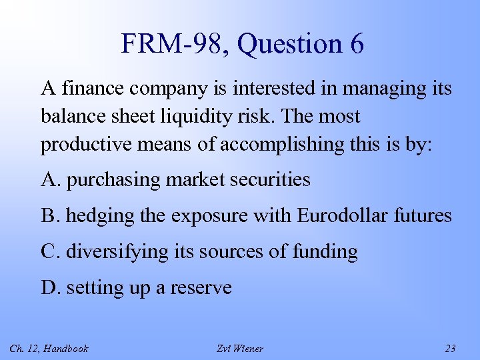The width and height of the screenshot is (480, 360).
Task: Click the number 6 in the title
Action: (355, 45)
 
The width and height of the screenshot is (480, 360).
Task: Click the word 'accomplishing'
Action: (271, 144)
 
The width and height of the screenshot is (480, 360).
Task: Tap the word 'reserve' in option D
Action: (201, 287)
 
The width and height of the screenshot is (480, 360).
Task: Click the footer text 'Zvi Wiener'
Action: (240, 348)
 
